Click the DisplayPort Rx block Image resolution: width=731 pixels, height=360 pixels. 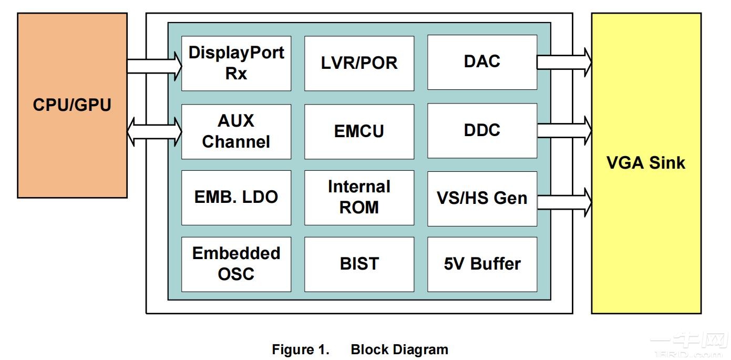click(x=236, y=63)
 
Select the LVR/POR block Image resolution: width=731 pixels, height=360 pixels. click(x=359, y=63)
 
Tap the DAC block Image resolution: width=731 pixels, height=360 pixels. click(x=482, y=62)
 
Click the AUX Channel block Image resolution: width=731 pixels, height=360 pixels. click(x=236, y=131)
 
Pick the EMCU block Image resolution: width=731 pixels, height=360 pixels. click(x=359, y=131)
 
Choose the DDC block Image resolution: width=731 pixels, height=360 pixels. click(x=482, y=130)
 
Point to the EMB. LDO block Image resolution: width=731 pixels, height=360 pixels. click(x=236, y=198)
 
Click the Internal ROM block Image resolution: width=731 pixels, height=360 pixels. click(x=359, y=198)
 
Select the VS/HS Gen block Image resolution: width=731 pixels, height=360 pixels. click(x=482, y=198)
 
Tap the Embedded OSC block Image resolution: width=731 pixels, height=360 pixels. click(x=236, y=264)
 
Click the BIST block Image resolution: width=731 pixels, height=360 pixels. click(x=359, y=264)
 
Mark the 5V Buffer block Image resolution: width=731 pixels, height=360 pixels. click(x=482, y=264)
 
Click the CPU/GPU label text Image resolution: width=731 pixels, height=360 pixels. click(x=72, y=105)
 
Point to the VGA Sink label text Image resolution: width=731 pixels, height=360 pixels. click(x=646, y=162)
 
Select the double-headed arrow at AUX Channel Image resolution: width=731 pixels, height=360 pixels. click(x=155, y=131)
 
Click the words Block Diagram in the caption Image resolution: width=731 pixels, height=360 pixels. click(x=399, y=349)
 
